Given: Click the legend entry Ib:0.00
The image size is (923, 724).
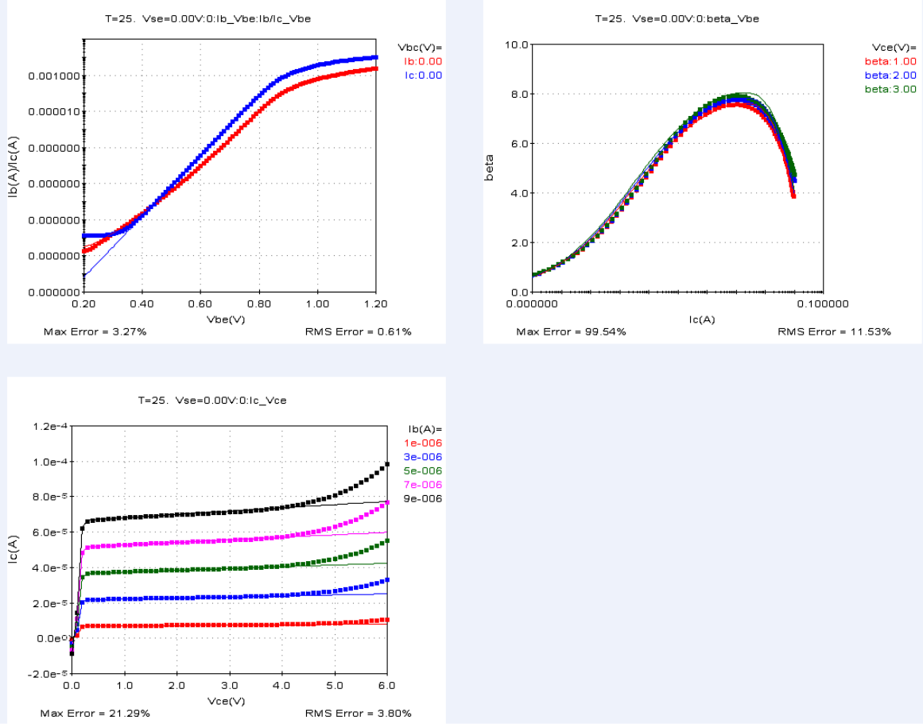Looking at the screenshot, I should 423,61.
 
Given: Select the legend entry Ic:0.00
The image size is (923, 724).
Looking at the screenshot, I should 423,75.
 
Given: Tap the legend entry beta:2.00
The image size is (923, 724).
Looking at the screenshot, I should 890,75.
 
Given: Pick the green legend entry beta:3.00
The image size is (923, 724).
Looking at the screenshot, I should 890,90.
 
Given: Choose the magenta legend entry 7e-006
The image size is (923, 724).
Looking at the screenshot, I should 424,485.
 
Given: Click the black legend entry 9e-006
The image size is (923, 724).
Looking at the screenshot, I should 424,498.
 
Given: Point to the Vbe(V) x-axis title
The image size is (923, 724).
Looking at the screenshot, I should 227,319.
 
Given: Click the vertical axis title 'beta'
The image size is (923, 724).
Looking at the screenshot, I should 490,167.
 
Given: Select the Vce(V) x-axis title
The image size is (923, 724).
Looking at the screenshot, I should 227,701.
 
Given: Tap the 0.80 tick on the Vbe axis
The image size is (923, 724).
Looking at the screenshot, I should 259,304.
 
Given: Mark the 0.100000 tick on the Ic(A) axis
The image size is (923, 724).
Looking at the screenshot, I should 824,304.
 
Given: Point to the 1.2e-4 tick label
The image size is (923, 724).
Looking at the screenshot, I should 48,427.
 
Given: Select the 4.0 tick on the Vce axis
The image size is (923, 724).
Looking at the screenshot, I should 281,685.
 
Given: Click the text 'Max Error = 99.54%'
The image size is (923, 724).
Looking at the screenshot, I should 571,331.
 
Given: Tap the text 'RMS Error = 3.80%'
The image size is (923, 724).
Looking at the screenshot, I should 359,714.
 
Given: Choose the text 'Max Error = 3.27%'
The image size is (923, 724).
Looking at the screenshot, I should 95,331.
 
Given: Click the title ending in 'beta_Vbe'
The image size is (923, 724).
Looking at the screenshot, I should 677,18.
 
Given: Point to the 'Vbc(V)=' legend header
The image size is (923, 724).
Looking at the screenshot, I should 419,47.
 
